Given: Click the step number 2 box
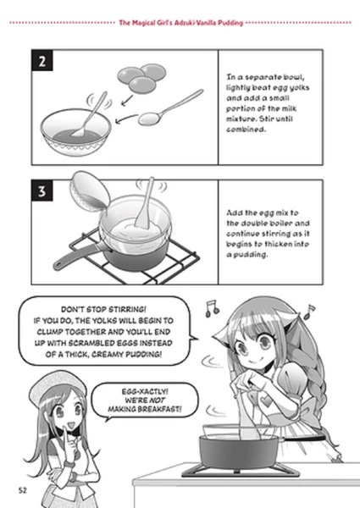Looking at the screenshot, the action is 42,61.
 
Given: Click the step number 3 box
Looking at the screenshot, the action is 42,190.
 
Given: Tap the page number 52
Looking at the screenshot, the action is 22,490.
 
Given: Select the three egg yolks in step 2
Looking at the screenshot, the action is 141,78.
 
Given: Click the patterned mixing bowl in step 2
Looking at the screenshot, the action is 76,132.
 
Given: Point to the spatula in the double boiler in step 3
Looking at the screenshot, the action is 145,204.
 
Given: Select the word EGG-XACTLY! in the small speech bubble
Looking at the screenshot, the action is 145,392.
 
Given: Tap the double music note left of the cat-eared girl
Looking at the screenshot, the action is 213,308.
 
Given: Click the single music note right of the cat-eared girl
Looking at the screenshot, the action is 309,312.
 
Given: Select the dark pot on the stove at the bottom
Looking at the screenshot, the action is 239,452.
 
